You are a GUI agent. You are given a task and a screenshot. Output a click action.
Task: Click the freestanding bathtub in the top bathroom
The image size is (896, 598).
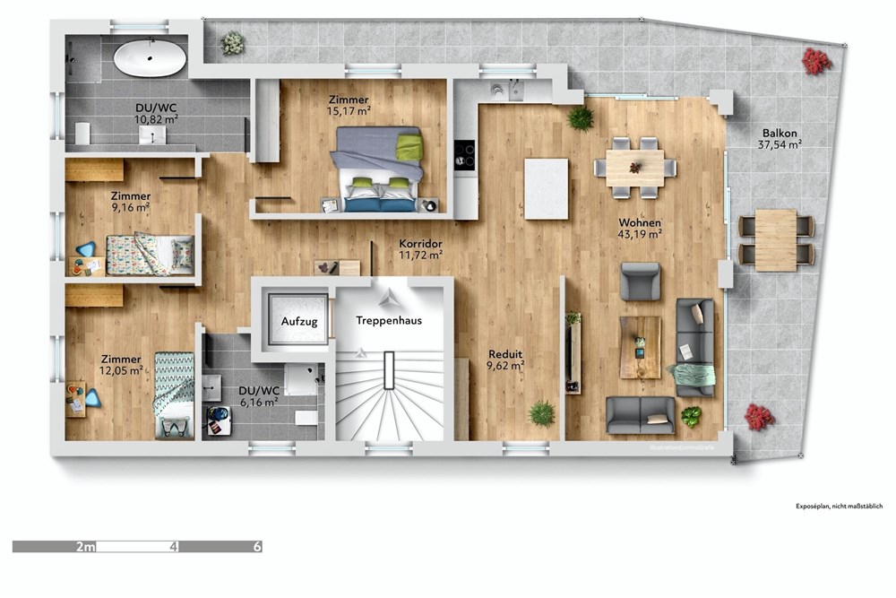coord(150,58)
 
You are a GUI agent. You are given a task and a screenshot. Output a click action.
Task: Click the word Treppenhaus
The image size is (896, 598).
coord(389,320)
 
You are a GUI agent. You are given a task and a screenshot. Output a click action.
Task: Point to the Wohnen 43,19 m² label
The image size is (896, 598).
coord(640,229)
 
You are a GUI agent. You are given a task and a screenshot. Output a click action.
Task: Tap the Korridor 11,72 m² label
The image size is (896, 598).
coord(420,249)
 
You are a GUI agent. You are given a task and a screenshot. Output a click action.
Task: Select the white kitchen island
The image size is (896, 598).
coord(546,188)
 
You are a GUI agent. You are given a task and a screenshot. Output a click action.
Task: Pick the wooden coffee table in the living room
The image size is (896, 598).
coord(640,347)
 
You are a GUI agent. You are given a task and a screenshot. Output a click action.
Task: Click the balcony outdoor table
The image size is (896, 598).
coord(776,239)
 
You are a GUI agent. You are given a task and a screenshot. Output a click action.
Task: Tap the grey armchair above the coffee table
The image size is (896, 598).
coord(641,281)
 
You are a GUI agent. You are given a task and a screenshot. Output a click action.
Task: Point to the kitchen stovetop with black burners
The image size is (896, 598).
coord(465,154)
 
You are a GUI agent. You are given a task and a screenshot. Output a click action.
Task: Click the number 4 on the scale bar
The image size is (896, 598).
coord(174,546)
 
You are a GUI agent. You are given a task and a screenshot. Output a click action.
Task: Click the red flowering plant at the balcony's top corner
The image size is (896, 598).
coord(816,61)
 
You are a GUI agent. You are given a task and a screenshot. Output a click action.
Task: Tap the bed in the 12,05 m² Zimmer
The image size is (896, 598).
coord(174,393)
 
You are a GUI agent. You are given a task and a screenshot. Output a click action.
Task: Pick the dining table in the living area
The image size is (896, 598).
coord(635,167)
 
